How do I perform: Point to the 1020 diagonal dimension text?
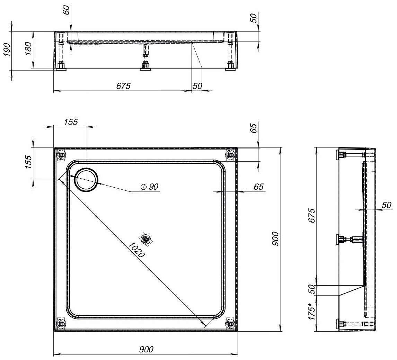tap(136, 250)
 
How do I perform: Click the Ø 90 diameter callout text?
tap(150, 187)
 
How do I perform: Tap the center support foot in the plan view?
tap(145, 239)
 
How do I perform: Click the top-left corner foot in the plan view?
tap(61, 155)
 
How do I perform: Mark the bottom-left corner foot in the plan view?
tap(61, 323)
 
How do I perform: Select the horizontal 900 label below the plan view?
tap(146, 350)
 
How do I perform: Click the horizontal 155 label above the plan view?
tap(71, 122)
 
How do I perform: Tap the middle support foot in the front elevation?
tap(146, 65)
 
